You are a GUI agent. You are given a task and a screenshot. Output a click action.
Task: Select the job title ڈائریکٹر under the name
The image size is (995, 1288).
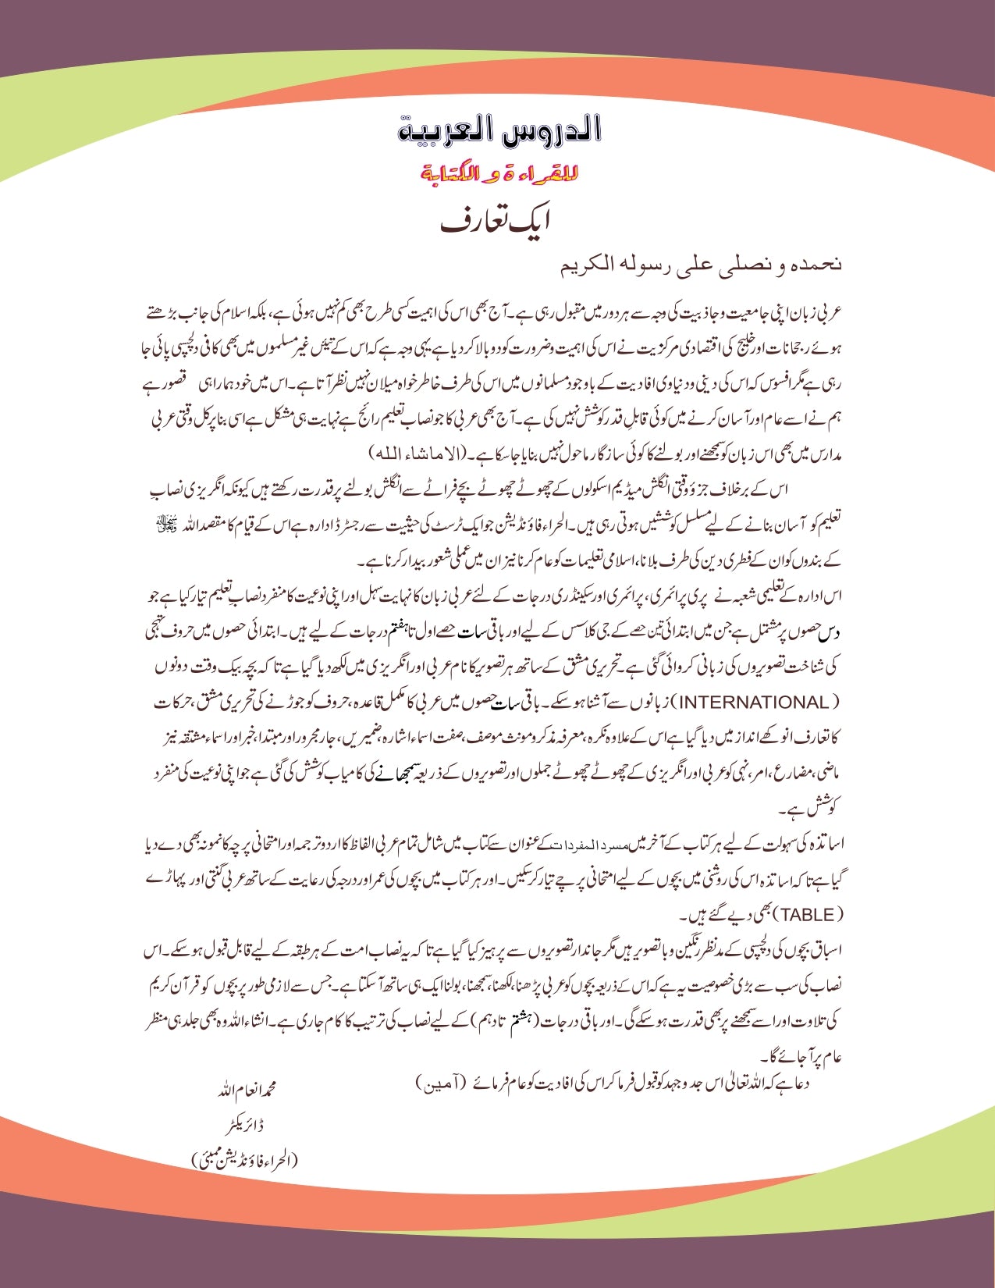click(248, 1126)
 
